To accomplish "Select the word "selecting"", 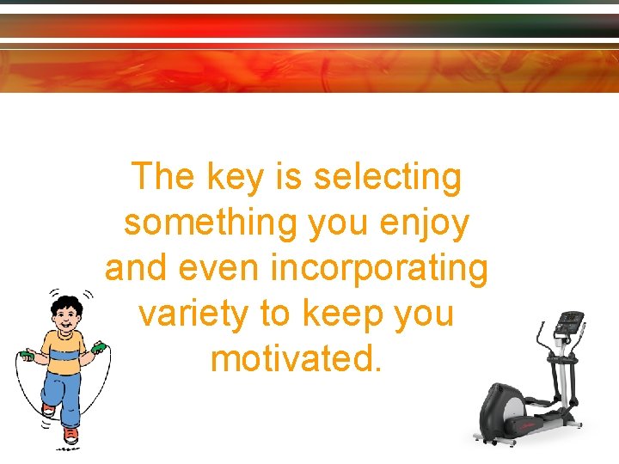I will pyautogui.click(x=388, y=178).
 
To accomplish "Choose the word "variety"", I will pyautogui.click(x=193, y=314).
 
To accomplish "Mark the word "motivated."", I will pyautogui.click(x=294, y=358).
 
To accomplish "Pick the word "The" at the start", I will pyautogui.click(x=163, y=178).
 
